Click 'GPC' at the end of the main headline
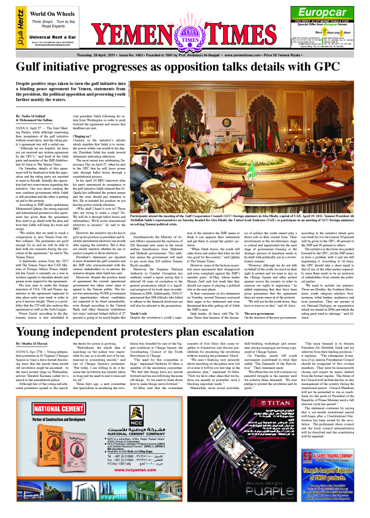click(x=336, y=66)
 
